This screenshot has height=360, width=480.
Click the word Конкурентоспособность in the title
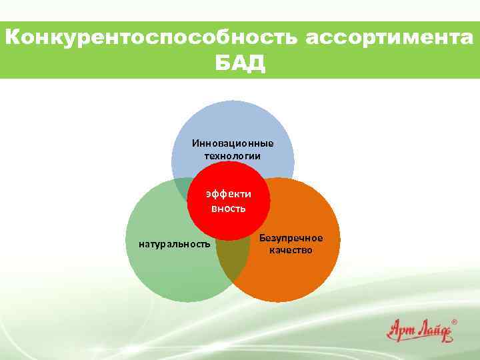[153, 38]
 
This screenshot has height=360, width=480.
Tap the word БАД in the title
[239, 64]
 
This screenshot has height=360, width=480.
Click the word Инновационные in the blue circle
[233, 143]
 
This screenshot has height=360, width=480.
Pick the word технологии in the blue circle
[233, 155]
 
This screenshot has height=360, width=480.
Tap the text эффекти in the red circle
[229, 194]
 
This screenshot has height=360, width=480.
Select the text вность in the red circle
[229, 208]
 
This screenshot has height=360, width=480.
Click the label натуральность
[175, 244]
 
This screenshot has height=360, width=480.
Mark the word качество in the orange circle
[291, 251]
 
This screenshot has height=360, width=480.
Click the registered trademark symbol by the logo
[455, 321]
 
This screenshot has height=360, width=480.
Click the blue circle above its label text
[233, 120]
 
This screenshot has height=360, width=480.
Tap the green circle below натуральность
[175, 277]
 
